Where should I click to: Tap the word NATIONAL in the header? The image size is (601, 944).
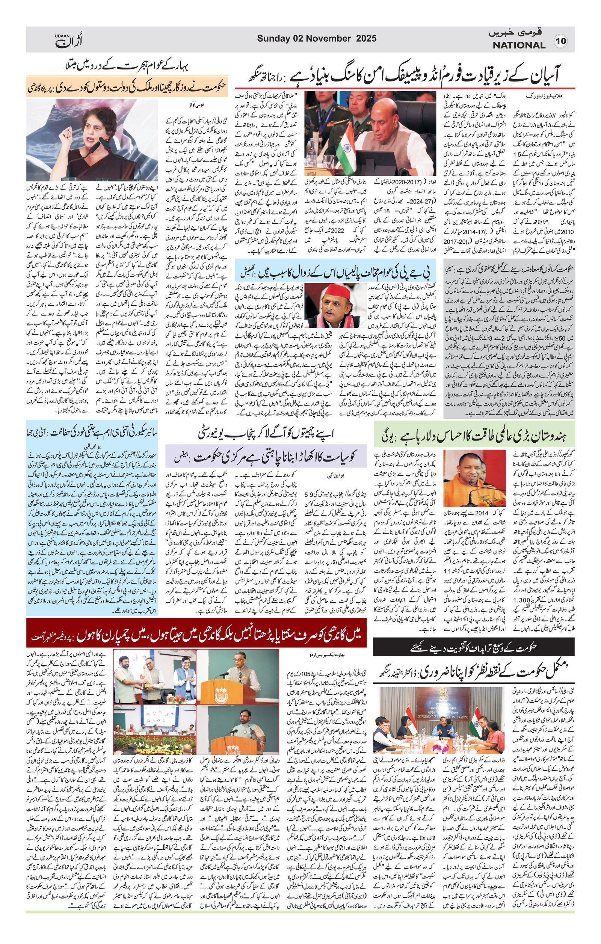point(519,45)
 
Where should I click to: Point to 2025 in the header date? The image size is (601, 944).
point(366,38)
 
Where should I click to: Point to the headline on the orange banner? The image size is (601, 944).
point(127,89)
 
